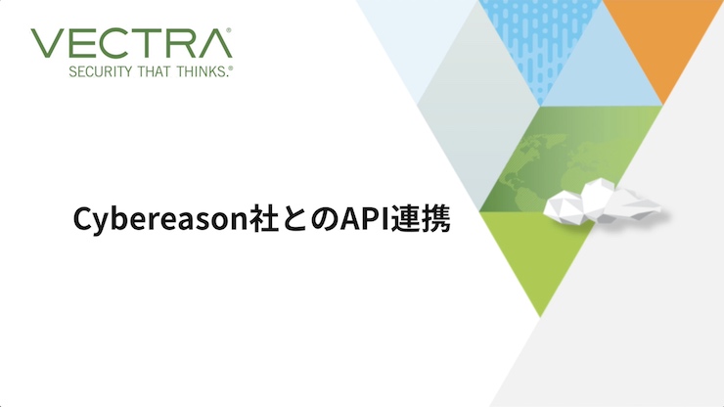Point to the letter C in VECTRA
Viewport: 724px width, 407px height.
tap(110, 43)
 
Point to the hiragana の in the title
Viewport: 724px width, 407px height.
tap(324, 220)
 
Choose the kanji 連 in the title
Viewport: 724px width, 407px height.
tap(405, 219)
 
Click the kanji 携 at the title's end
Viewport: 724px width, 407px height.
tap(435, 219)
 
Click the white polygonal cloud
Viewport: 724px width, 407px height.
tap(601, 202)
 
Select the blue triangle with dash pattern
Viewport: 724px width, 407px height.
tap(540, 41)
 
